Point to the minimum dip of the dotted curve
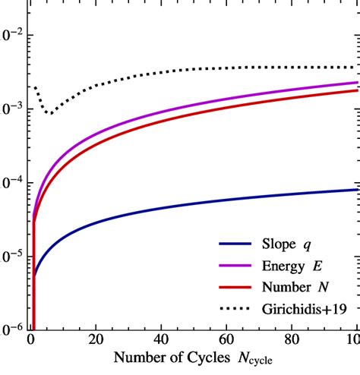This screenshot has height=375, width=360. point(49,114)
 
